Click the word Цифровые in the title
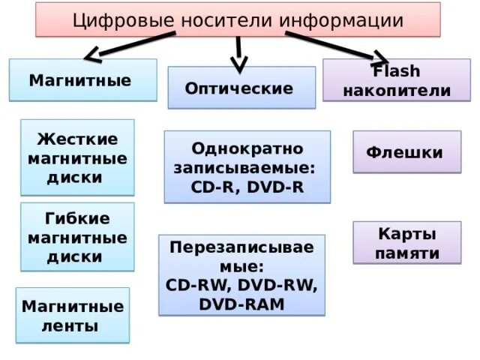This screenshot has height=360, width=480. (x=121, y=19)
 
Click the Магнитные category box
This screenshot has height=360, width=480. (x=82, y=80)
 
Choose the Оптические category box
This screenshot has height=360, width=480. (x=241, y=88)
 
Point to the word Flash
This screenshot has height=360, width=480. (x=396, y=72)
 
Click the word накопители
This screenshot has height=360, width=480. (x=396, y=91)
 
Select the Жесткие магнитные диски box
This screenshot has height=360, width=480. (x=77, y=158)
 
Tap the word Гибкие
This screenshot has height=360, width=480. (x=77, y=218)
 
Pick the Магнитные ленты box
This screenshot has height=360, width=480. (x=73, y=316)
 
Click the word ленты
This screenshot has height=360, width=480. (x=73, y=326)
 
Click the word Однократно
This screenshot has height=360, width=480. (x=247, y=148)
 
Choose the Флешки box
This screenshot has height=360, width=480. (x=406, y=152)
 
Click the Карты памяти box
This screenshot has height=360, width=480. (x=406, y=243)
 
